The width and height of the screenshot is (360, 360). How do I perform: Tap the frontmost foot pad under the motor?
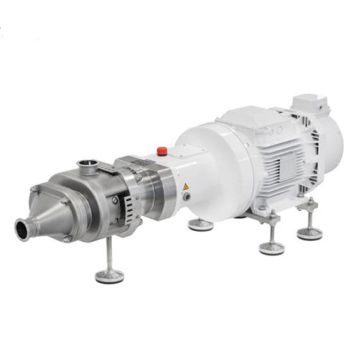tap(268, 247)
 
